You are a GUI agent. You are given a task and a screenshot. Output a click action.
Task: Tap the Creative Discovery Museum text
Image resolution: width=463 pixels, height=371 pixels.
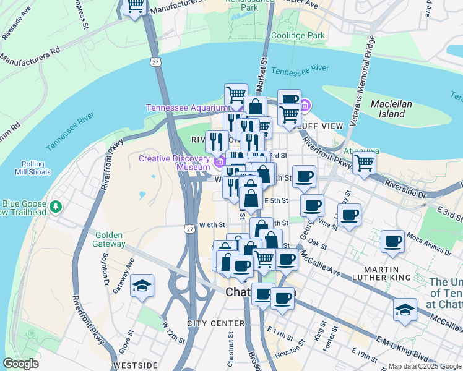click(x=175, y=163)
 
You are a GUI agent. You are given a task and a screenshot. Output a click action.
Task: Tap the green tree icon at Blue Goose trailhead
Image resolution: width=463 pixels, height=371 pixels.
click(x=56, y=205)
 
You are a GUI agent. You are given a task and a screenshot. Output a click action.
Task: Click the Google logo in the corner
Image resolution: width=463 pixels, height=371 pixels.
click(x=20, y=364)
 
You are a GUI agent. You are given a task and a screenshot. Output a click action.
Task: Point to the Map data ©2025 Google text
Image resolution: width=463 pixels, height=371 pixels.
click(x=425, y=366)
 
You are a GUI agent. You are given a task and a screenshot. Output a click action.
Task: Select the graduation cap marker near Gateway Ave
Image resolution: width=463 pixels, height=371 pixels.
click(x=142, y=286)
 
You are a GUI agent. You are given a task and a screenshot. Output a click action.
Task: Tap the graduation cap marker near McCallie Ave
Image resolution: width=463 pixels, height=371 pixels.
click(x=405, y=310)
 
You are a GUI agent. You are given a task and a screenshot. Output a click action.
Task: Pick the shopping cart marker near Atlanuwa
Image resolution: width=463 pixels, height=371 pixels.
click(x=365, y=164)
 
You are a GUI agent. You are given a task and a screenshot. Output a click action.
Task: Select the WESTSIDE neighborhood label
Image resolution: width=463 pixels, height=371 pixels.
click(x=137, y=365)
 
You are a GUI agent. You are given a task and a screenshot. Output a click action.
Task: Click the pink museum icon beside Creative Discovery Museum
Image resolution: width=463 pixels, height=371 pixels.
click(x=218, y=163)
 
